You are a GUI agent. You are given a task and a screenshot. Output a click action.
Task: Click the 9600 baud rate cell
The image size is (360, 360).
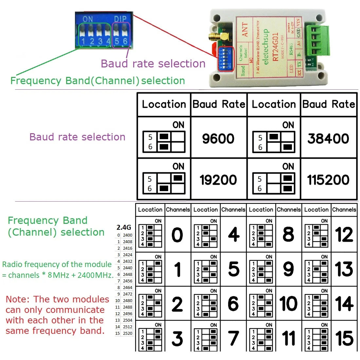pos(218,138)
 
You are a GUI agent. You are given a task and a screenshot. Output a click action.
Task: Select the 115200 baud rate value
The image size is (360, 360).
pos(328,180)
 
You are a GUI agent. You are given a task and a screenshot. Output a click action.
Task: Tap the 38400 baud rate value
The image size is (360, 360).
pos(328,138)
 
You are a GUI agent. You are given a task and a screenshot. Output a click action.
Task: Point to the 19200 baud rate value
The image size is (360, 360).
pos(218,180)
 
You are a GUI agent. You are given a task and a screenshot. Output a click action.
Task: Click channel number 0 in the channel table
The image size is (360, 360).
pos(177,235)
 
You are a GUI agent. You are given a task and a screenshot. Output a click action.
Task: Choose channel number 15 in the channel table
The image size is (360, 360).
pos(344,338)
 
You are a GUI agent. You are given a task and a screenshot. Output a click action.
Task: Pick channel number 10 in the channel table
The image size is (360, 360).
pos(288,304)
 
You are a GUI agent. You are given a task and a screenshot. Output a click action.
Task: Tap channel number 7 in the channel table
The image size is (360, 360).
pos(233,338)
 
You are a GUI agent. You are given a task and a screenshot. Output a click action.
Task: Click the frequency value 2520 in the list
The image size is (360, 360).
pos(128,333)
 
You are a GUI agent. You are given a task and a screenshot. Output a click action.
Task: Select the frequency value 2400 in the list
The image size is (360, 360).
pos(128,235)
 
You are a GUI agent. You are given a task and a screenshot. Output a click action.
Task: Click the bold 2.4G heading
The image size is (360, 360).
pos(124,227)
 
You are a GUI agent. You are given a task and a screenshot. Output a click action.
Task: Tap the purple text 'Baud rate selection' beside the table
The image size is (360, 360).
pos(77,137)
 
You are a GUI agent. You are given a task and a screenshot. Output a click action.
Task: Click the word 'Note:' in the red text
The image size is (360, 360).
pos(18,299)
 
